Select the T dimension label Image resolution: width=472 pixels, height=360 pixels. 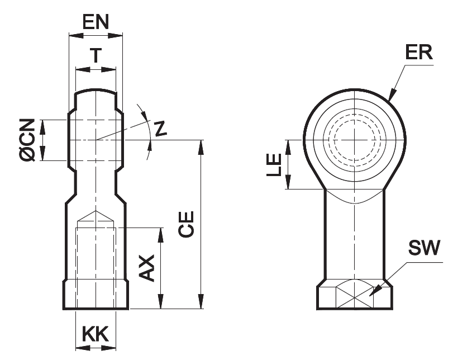(96, 55)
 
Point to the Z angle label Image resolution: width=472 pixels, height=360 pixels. (161, 129)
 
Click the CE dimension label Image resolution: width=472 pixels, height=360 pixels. (188, 224)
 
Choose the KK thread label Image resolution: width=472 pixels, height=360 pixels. (96, 334)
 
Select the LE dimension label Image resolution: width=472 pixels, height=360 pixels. (274, 165)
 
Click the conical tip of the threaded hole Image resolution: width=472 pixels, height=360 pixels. (96, 216)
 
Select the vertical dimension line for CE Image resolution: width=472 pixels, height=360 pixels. (201, 224)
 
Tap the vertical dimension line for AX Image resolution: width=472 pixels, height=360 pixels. (161, 268)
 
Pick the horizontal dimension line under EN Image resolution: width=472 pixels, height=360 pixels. (95, 35)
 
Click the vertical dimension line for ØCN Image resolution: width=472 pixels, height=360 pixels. (45, 140)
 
